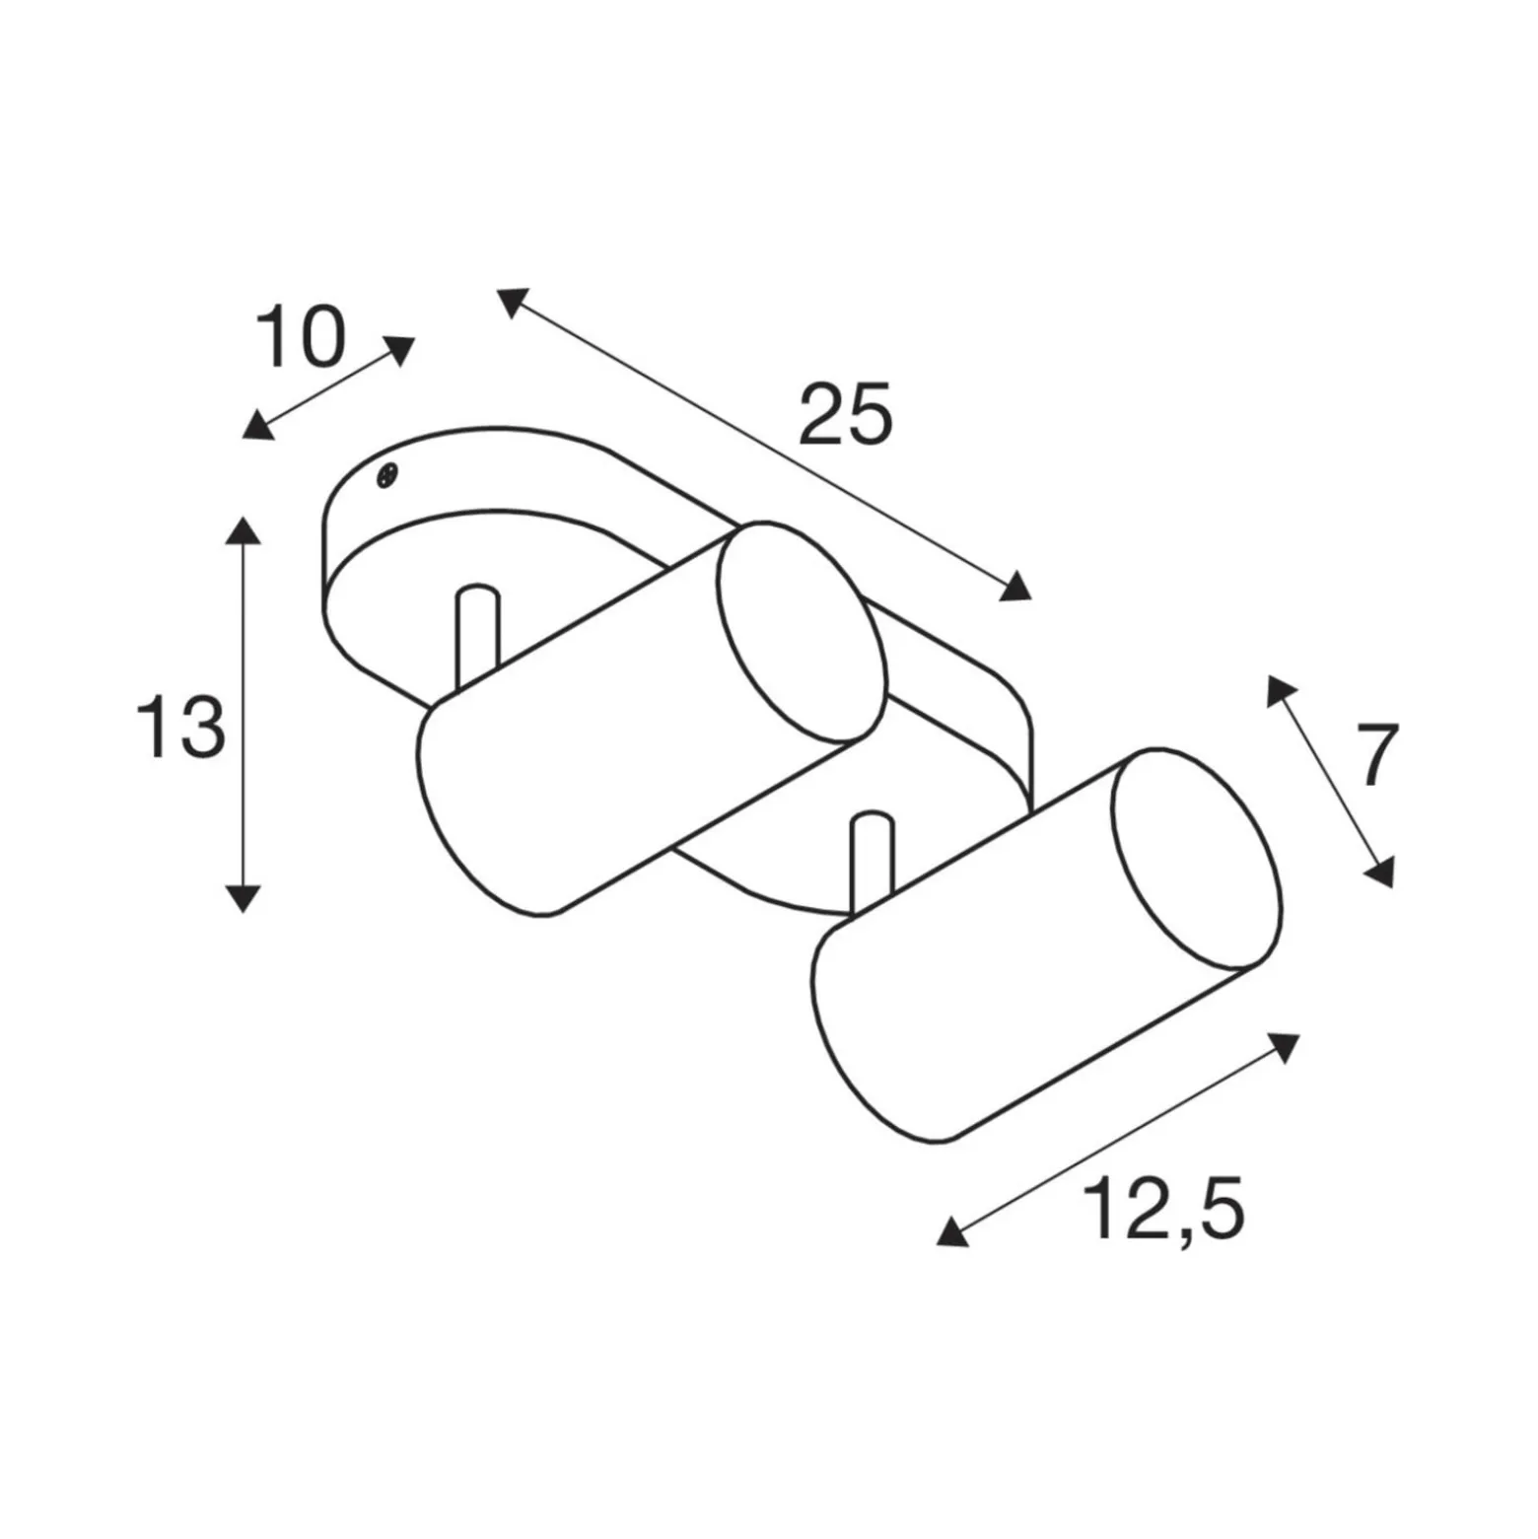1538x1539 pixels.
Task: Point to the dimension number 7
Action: coord(1377,755)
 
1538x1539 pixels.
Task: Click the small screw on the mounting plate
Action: coord(387,475)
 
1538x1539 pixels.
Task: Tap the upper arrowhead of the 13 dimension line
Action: coord(243,529)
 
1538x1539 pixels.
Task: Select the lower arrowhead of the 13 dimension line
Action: coord(243,897)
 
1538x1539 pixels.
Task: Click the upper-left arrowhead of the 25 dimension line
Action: coord(513,302)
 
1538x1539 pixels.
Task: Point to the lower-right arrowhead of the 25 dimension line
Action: coord(1015,588)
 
